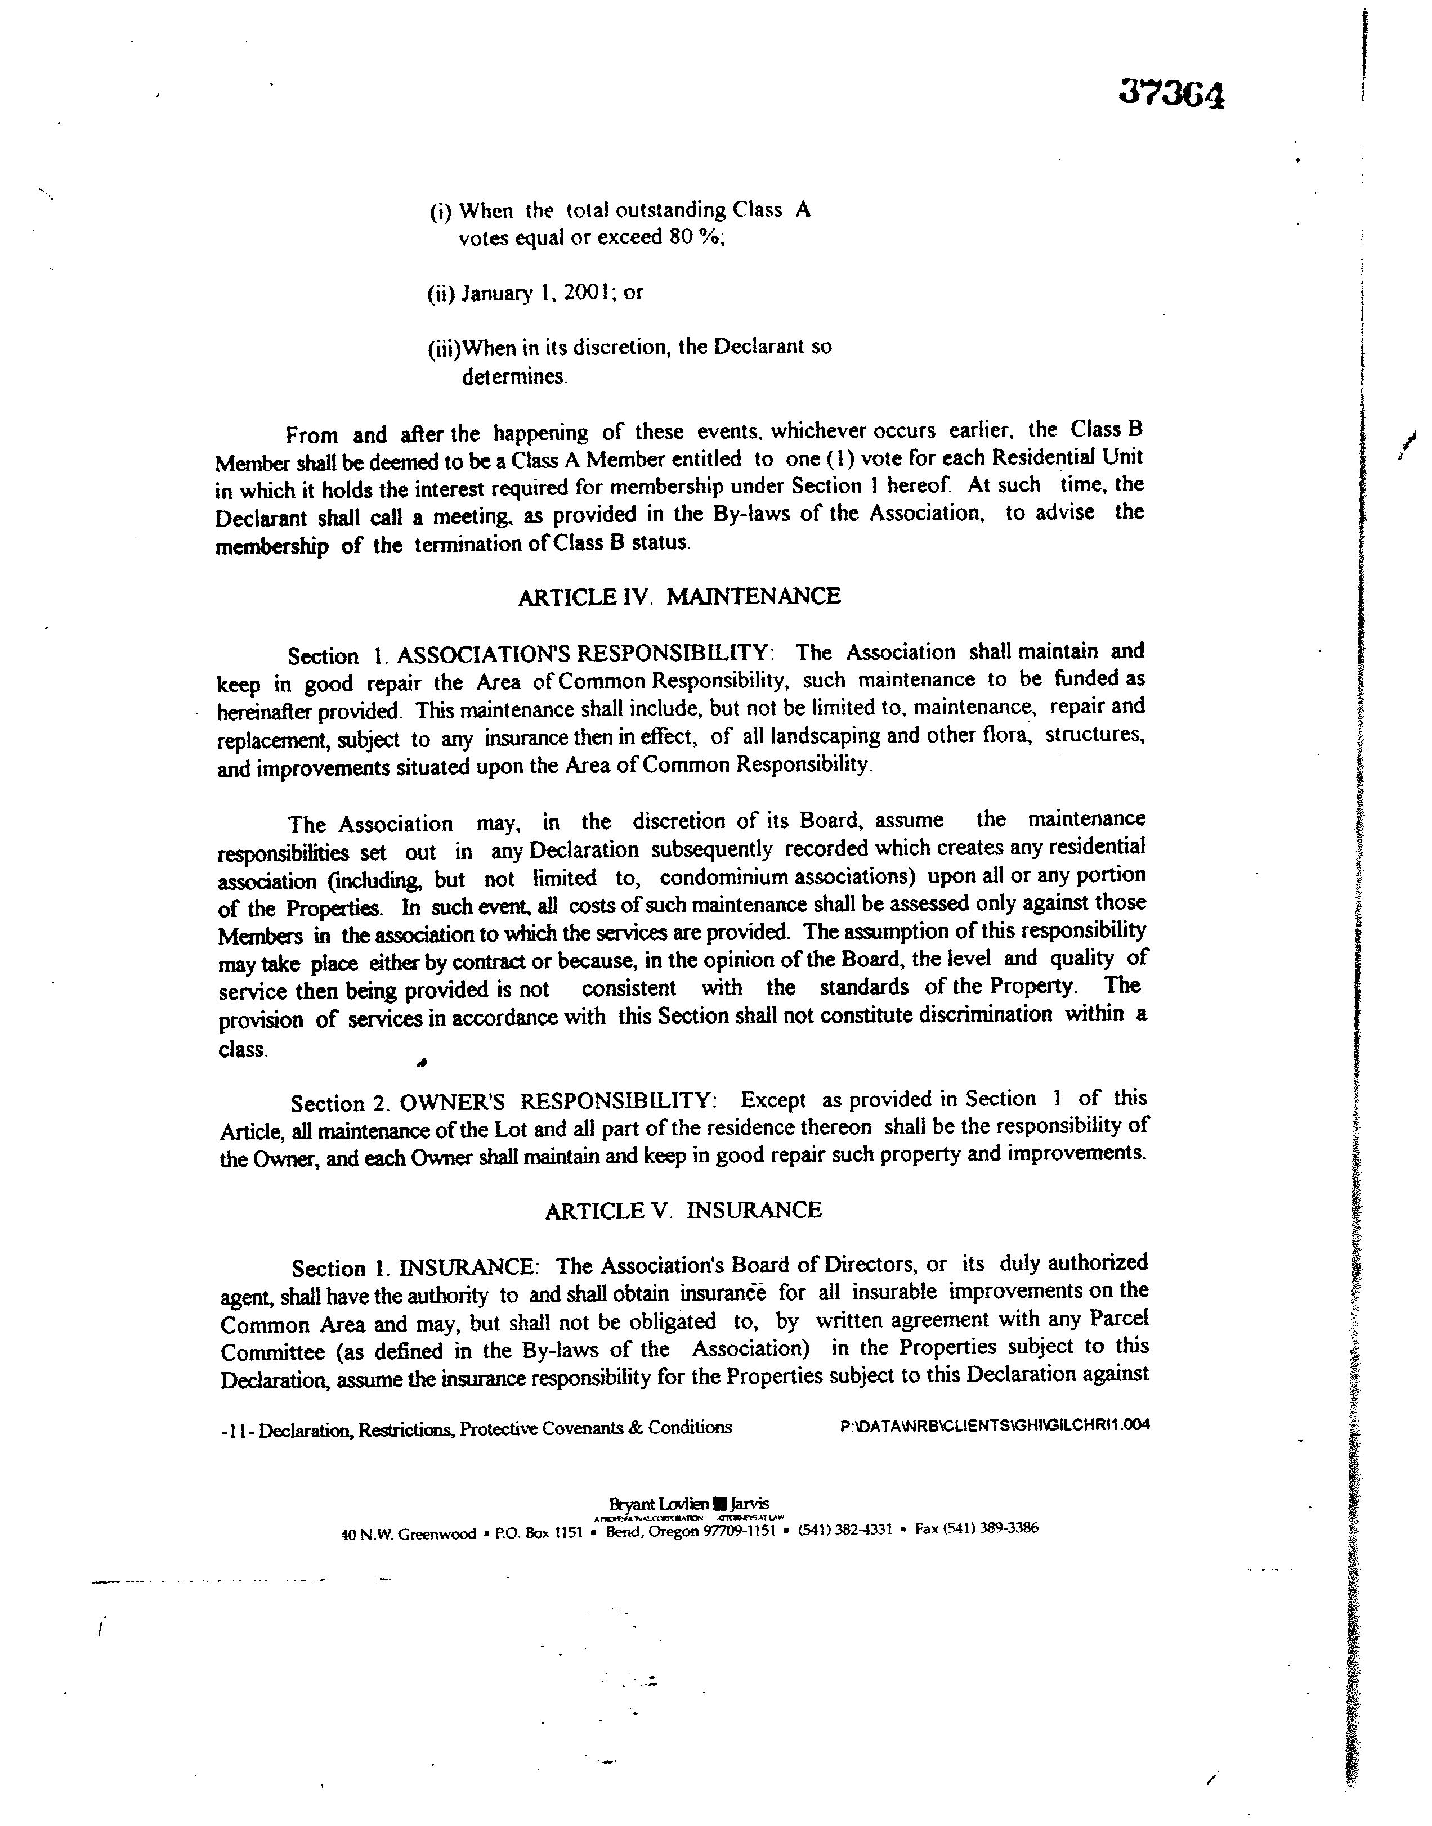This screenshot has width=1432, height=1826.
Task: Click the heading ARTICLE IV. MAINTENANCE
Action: [x=679, y=597]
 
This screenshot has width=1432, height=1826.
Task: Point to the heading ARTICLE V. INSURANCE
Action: [x=683, y=1210]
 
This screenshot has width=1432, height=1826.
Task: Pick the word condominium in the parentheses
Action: [x=724, y=878]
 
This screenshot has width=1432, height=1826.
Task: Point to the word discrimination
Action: [x=985, y=1015]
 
